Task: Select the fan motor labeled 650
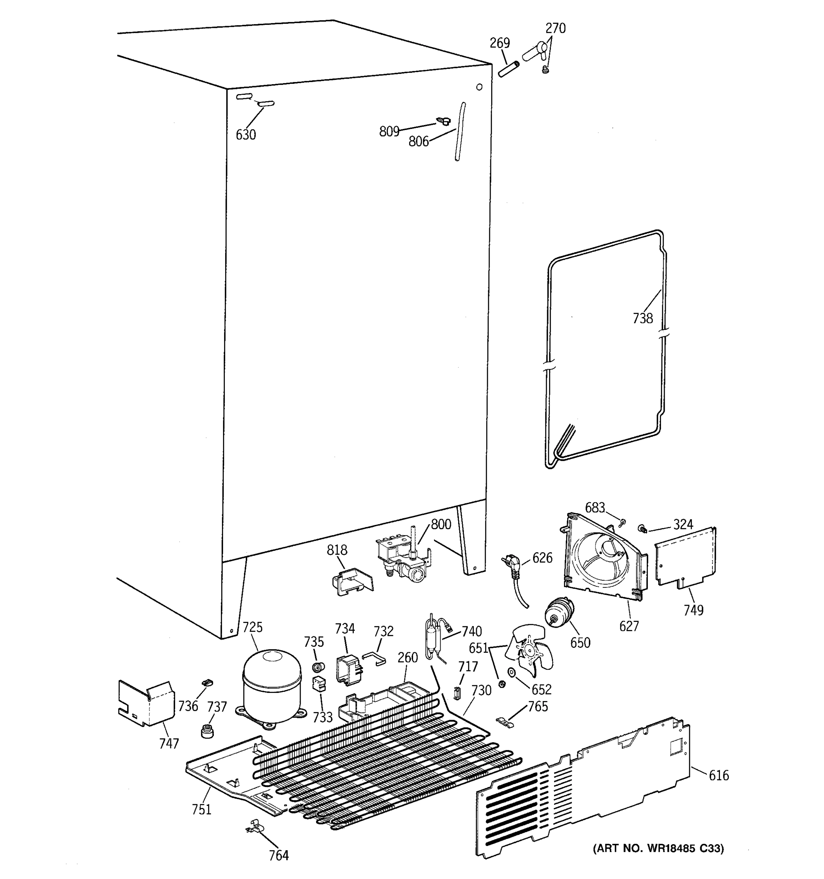(559, 612)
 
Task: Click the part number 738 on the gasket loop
(642, 318)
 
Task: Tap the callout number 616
(719, 775)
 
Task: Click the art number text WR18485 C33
(658, 848)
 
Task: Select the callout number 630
(246, 134)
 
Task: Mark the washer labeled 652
(512, 672)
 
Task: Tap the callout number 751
(201, 809)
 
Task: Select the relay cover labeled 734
(349, 669)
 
